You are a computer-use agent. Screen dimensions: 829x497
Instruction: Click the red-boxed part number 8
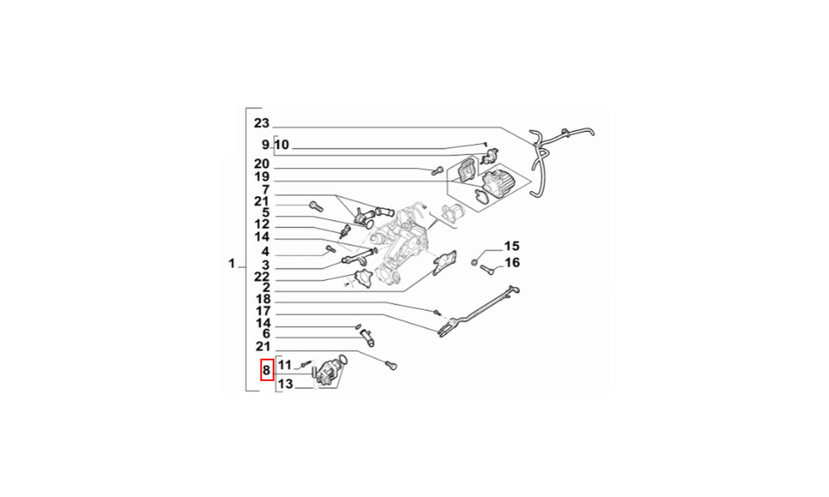point(267,370)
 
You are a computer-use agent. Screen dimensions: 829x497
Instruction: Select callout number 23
point(261,123)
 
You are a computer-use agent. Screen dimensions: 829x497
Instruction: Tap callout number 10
point(282,144)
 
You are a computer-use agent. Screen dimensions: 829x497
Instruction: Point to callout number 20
point(261,164)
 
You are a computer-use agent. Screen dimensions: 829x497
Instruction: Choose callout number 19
point(261,177)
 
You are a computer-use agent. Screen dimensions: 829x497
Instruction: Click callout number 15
point(512,246)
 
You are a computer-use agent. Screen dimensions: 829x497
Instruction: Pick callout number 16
point(512,262)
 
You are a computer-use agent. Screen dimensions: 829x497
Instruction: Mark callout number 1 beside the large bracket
point(231,264)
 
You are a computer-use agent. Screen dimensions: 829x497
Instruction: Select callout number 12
point(262,224)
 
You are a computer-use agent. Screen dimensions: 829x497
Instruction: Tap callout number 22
point(262,277)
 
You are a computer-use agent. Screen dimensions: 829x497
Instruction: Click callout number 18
point(263,299)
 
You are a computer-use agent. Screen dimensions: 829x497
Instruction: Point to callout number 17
point(263,311)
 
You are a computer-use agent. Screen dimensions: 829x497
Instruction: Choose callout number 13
point(285,384)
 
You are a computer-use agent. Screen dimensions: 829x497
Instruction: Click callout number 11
point(285,365)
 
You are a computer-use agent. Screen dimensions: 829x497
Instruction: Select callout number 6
point(266,334)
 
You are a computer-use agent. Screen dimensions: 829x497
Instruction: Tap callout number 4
point(265,252)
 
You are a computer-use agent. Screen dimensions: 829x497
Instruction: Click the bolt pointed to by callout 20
point(437,171)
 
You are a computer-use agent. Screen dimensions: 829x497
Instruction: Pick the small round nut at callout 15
point(474,262)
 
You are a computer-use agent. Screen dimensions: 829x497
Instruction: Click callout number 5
point(266,213)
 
